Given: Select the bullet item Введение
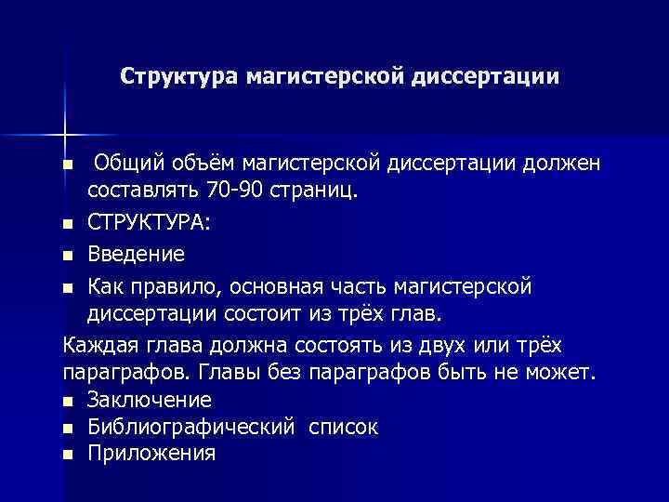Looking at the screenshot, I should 137,254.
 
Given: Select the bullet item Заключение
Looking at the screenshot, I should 150,401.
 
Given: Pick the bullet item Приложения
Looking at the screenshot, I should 152,455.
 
